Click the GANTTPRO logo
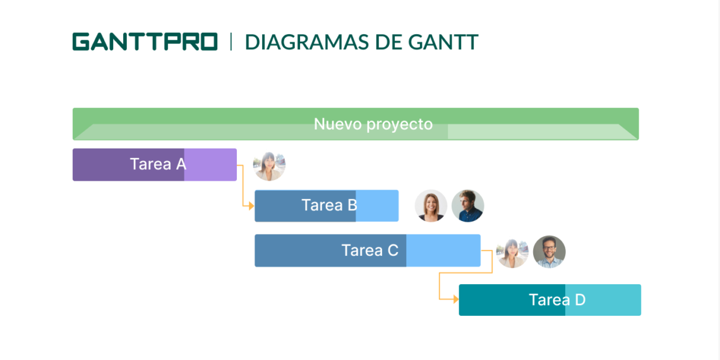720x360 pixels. (x=145, y=42)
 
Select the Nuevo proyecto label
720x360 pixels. (x=373, y=124)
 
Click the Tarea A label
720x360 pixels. (x=158, y=164)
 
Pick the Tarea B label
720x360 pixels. (x=329, y=205)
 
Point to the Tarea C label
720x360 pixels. (x=369, y=251)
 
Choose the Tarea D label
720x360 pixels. (x=557, y=300)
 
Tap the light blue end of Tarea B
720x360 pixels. (x=378, y=206)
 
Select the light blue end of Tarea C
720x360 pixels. (x=443, y=251)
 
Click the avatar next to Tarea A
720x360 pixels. (x=269, y=165)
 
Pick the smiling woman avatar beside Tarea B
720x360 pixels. (x=431, y=206)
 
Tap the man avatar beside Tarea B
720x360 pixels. (x=468, y=206)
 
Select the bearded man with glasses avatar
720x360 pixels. (x=549, y=252)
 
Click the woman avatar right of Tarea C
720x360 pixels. (x=512, y=252)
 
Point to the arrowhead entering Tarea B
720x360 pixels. (x=251, y=206)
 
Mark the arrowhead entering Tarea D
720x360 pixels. (x=455, y=299)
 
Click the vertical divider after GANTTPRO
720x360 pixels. (x=231, y=42)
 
